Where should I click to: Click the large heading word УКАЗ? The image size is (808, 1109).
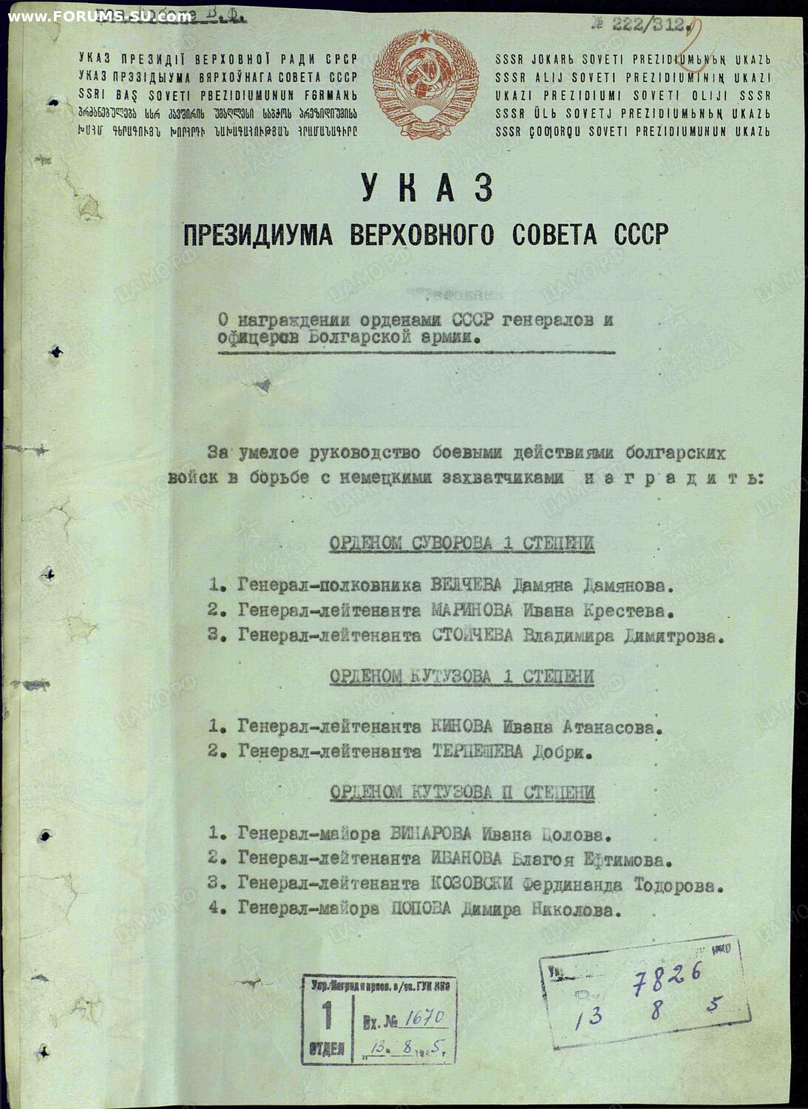(427, 188)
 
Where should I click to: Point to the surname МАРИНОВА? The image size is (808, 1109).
(472, 611)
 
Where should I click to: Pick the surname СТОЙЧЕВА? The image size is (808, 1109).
(472, 636)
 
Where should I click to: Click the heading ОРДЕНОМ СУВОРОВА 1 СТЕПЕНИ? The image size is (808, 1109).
(461, 544)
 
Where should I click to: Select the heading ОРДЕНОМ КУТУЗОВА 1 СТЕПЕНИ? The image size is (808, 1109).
(461, 676)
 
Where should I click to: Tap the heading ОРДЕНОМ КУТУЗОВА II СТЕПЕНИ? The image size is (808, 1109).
(462, 793)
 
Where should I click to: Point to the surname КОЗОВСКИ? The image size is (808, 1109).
(472, 885)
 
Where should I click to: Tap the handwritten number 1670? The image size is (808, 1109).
(424, 1019)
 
